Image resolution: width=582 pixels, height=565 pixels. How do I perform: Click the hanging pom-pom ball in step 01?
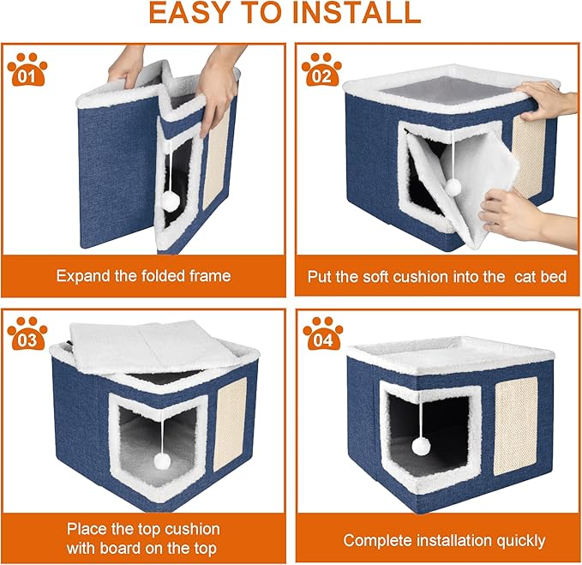pos(171,200)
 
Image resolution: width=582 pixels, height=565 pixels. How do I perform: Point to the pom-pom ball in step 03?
pos(159,461)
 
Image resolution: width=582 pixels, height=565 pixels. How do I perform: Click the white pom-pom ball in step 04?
pos(421,447)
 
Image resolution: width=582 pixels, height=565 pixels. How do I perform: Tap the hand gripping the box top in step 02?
pos(549,100)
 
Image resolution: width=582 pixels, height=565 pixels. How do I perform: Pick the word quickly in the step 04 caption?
pos(514,540)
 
